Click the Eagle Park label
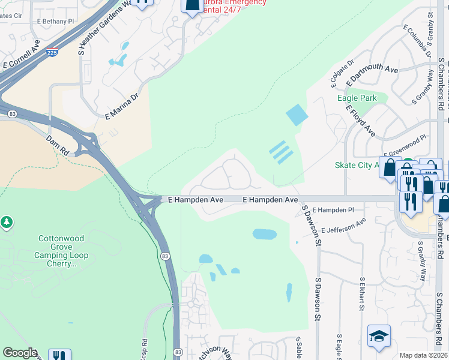coord(357,98)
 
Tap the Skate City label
coord(355,165)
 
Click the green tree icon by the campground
coord(7,223)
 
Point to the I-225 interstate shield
coord(52,53)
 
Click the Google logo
coord(20,352)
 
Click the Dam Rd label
coord(58,143)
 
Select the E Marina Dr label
coord(122,106)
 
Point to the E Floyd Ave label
coord(360,119)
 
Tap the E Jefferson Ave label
coord(343,226)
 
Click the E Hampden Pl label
coord(334,210)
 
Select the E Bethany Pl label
coord(55,21)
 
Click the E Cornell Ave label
coord(21,57)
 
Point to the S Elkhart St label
coord(362,293)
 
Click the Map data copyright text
coord(423,355)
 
